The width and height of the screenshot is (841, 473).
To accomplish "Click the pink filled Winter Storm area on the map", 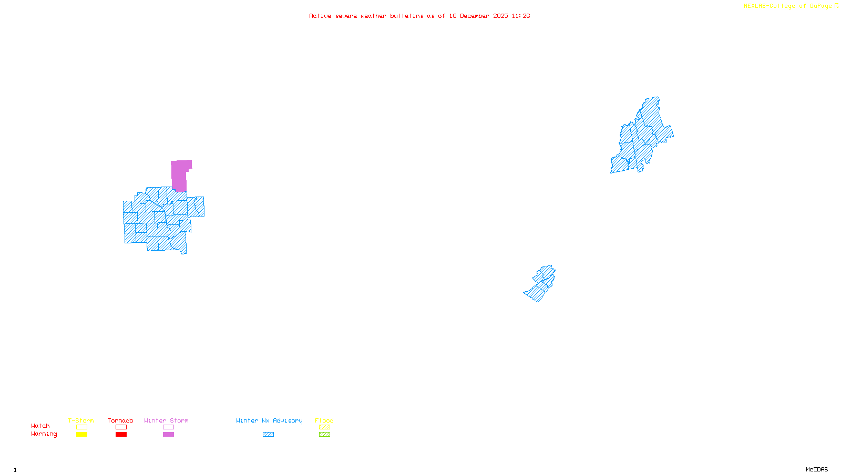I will tap(179, 175).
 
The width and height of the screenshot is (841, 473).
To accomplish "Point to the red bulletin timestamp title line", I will tap(419, 16).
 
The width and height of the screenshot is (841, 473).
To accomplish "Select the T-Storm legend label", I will tap(81, 420).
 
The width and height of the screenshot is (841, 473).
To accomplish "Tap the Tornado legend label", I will tap(120, 420).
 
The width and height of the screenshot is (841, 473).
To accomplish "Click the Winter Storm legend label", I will tap(166, 420).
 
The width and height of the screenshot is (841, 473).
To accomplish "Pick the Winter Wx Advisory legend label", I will tap(269, 420).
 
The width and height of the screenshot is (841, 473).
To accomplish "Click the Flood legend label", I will tap(324, 420).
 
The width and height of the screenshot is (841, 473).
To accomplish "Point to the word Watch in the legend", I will tap(40, 426).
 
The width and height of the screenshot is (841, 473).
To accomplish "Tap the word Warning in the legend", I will tap(44, 434).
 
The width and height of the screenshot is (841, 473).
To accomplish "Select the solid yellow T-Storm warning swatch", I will tap(81, 435).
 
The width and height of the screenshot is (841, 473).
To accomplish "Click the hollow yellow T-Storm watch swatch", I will tap(81, 427).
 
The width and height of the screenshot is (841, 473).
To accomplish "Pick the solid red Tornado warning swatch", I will tap(121, 435).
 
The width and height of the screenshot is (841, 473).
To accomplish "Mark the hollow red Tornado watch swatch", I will tap(121, 427).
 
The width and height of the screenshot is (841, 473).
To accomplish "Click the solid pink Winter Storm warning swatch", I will tap(168, 435).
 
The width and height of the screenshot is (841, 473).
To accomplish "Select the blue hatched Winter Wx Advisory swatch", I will tap(268, 435).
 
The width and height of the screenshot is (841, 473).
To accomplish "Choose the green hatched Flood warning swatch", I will tap(324, 435).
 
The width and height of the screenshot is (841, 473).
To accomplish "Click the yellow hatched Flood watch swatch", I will tap(324, 427).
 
